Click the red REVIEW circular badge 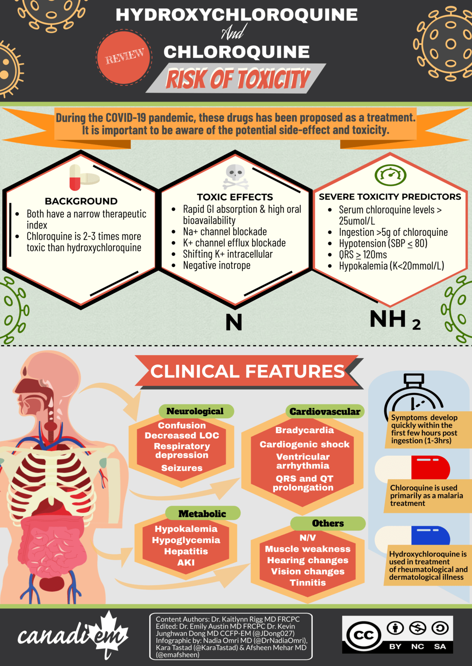[124, 58]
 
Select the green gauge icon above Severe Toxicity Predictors [390, 175]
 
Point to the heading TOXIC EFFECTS [235, 197]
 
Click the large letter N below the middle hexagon [234, 322]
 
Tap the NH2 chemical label [395, 319]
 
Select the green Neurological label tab [195, 411]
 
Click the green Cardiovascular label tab [324, 412]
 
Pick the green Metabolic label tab [202, 514]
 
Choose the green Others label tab [328, 523]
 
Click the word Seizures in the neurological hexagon [182, 468]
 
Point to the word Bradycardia [304, 430]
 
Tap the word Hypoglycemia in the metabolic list [186, 540]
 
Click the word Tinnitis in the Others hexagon [308, 583]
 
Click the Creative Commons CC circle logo [363, 635]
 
